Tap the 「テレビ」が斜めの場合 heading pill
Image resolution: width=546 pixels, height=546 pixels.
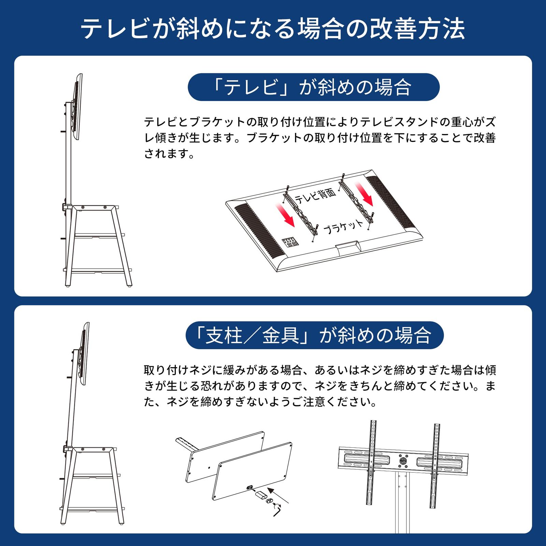313,87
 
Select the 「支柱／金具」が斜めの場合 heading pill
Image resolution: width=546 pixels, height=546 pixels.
314,335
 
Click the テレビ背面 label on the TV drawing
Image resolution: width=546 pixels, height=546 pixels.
315,196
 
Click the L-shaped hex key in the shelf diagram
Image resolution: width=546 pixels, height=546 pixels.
277,511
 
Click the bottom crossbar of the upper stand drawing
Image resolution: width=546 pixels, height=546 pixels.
97,270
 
